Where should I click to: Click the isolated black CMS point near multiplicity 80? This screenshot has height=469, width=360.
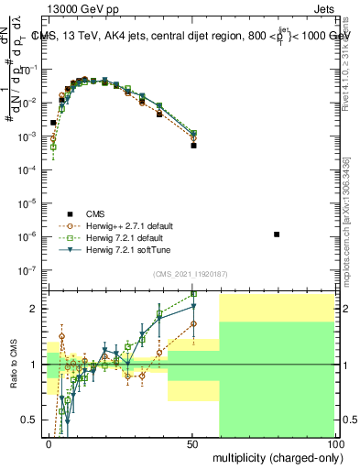point(277,234)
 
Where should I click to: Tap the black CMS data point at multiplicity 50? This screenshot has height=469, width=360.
point(193,145)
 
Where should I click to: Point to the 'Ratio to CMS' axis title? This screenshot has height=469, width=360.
point(12,364)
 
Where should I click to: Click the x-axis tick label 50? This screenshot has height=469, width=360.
point(193,442)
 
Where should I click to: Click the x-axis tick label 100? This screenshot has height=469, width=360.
point(334,442)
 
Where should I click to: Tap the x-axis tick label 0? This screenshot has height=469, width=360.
point(49,442)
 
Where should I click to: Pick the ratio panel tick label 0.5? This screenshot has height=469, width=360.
point(32,420)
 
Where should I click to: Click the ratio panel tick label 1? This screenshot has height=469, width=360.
point(37,365)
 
